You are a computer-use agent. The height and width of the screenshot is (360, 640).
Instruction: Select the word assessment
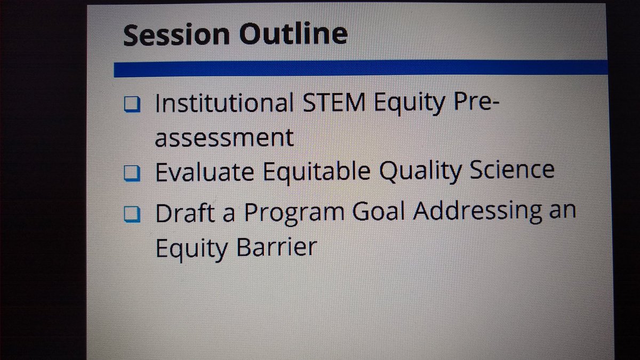point(224,138)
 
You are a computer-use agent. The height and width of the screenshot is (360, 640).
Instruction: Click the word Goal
point(379,212)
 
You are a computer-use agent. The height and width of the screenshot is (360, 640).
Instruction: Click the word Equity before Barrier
point(188,249)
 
